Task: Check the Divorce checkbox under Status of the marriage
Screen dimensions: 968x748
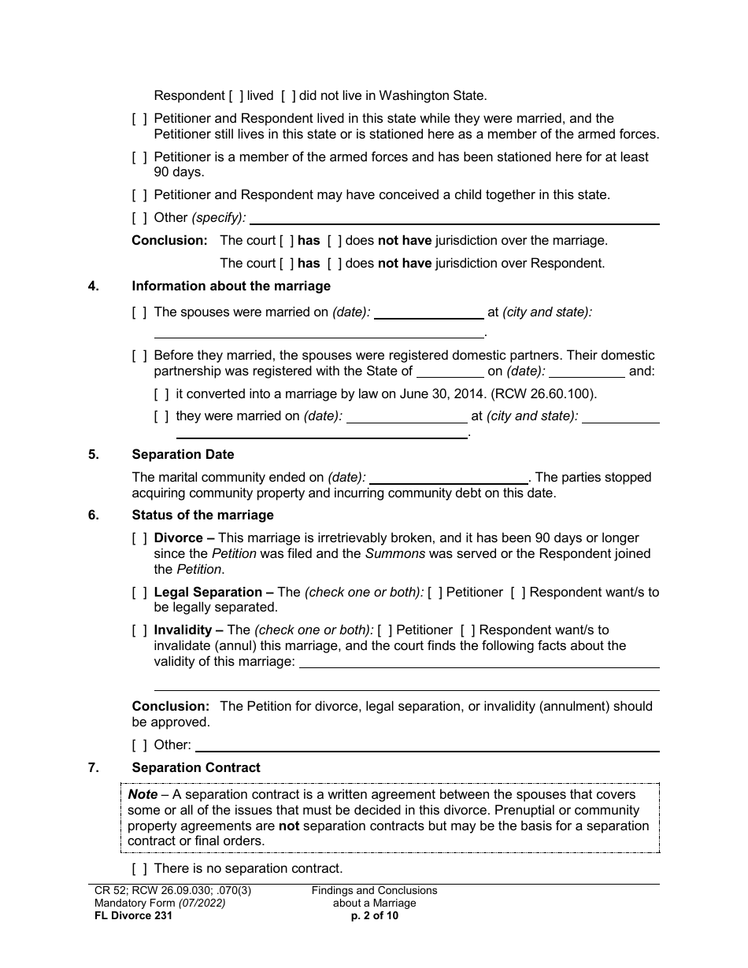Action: pyautogui.click(x=139, y=538)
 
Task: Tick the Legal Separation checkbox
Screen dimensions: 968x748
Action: pyautogui.click(x=139, y=592)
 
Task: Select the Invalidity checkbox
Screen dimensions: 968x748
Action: pyautogui.click(x=139, y=630)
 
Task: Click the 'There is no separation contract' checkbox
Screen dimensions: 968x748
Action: pyautogui.click(x=139, y=869)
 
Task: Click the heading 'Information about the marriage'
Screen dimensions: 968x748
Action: pyautogui.click(x=231, y=286)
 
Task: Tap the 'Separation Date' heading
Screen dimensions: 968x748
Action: pyautogui.click(x=183, y=454)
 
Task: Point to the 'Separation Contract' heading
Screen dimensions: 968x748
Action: pyautogui.click(x=196, y=767)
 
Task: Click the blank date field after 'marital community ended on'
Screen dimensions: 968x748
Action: pyautogui.click(x=449, y=478)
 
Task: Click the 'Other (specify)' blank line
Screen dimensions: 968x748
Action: pyautogui.click(x=454, y=218)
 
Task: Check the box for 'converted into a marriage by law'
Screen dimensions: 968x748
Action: pyautogui.click(x=161, y=393)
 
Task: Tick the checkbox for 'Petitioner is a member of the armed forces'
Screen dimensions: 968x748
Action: pyautogui.click(x=139, y=157)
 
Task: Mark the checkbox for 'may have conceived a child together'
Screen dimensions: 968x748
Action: pyautogui.click(x=139, y=194)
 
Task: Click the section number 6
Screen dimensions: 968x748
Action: pyautogui.click(x=94, y=515)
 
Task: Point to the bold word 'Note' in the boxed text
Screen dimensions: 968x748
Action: pyautogui.click(x=143, y=794)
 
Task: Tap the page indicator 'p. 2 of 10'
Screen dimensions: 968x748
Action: pyautogui.click(x=374, y=915)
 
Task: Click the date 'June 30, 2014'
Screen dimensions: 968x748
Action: pyautogui.click(x=502, y=393)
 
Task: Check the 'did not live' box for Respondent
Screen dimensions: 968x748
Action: pyautogui.click(x=288, y=96)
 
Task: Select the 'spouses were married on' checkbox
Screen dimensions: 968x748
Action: pyautogui.click(x=139, y=312)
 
